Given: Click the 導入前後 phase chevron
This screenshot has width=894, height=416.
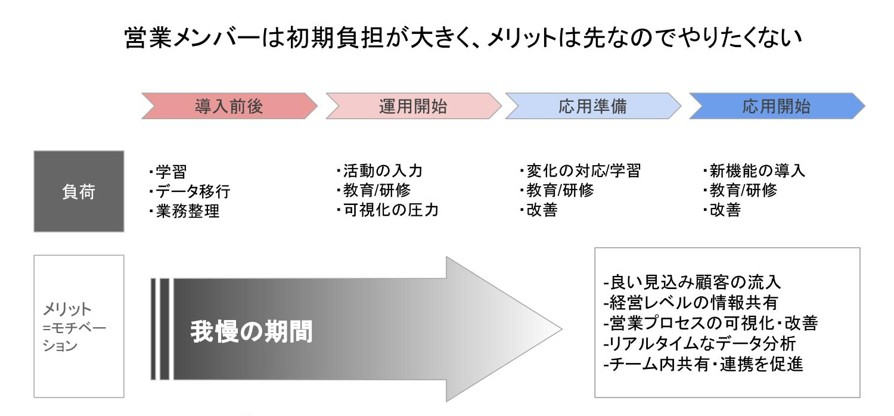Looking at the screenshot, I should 229,107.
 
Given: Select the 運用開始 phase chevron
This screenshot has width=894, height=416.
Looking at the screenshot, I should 412,107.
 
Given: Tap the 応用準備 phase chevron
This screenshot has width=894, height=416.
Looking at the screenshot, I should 592,107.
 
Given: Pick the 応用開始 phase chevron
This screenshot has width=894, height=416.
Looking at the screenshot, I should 776,107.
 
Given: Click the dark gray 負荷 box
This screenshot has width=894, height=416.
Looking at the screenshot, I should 79,191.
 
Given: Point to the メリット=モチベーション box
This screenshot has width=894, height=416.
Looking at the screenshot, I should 79,327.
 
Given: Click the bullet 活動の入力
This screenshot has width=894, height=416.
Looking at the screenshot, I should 382,171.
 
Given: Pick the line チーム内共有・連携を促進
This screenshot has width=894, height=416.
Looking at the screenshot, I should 703,364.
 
